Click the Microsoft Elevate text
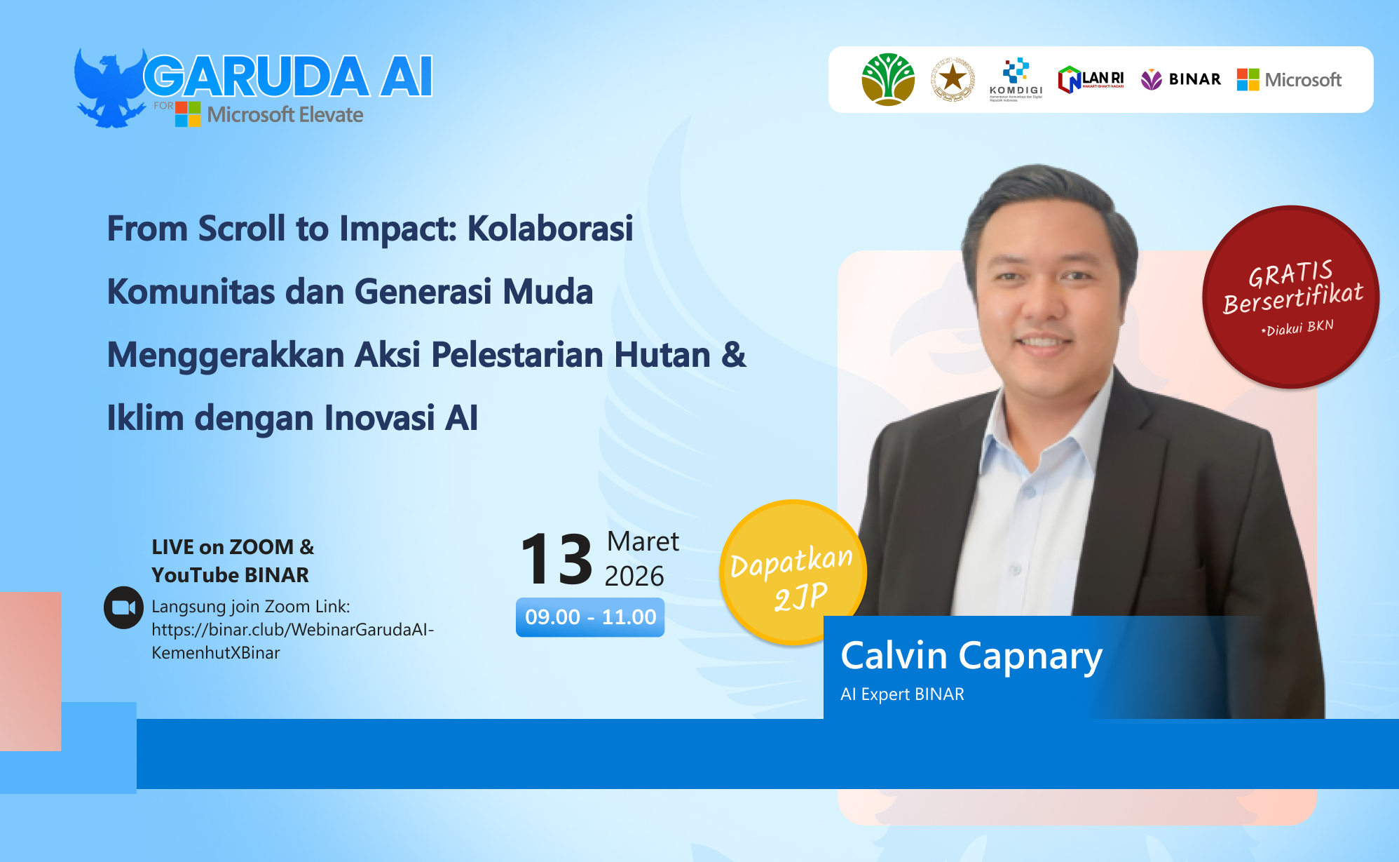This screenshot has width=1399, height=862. (285, 114)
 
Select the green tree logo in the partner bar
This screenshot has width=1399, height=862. (888, 79)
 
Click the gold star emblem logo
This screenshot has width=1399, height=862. (953, 79)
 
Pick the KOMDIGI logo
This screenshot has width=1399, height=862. (1016, 79)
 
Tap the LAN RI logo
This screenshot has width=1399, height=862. (1091, 79)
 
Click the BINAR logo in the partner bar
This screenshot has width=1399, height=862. (1181, 79)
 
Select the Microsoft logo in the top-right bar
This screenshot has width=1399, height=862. (1289, 79)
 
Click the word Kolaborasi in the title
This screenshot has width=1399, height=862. (550, 229)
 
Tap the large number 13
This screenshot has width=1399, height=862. (557, 559)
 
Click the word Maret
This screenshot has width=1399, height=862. (643, 541)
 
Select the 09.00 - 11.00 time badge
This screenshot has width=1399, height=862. (590, 617)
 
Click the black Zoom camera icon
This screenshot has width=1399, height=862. (123, 607)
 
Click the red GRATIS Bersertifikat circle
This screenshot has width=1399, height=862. (1290, 296)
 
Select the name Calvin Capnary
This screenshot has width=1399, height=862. (971, 656)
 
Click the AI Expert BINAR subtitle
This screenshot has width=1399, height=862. (902, 694)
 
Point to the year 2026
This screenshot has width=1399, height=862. (634, 577)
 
